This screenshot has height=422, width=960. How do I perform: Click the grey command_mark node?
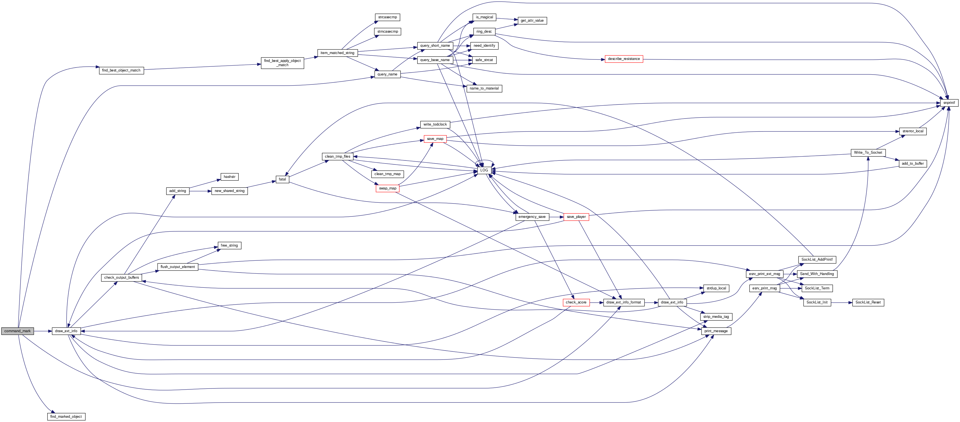click(x=17, y=331)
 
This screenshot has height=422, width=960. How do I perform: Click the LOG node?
click(x=484, y=170)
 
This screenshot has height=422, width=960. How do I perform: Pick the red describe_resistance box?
click(x=623, y=59)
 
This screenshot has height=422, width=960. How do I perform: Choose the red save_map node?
click(x=435, y=139)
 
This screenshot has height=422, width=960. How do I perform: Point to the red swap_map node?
click(x=388, y=188)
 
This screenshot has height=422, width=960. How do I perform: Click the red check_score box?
click(x=576, y=302)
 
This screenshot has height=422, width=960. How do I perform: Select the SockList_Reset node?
click(x=868, y=302)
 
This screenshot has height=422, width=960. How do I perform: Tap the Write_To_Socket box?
click(x=868, y=153)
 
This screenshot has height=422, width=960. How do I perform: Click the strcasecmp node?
click(x=387, y=17)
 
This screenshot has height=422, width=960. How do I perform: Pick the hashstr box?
click(x=229, y=177)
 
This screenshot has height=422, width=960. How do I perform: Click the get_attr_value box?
click(x=532, y=21)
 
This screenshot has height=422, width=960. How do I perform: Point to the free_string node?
click(x=229, y=245)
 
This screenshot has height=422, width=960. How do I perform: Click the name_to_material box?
click(x=484, y=88)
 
